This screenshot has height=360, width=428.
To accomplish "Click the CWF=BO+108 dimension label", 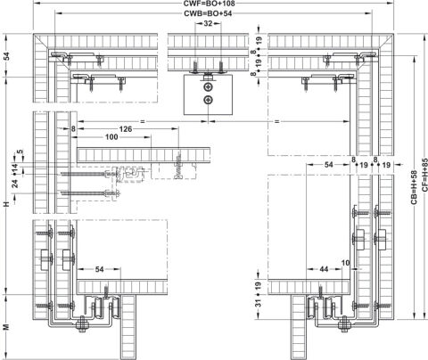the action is [x=209, y=4].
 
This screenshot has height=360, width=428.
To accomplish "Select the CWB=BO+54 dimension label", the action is [x=208, y=13].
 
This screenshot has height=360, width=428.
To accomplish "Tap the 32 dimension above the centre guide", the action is [x=208, y=23].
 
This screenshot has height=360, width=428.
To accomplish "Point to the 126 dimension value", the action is [x=126, y=129].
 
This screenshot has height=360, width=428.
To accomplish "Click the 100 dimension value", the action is [x=111, y=136].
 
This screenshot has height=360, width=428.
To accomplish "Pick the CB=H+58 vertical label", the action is [x=414, y=187].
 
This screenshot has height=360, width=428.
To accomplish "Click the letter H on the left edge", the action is [x=6, y=204].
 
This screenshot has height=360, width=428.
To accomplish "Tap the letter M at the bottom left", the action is [x=6, y=327].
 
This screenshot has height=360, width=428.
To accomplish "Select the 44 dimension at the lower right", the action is [x=324, y=269].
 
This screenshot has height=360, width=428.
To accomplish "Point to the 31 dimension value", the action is [x=259, y=303].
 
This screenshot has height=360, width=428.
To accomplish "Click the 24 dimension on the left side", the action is [x=15, y=184].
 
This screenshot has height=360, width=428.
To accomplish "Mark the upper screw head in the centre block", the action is [x=208, y=87].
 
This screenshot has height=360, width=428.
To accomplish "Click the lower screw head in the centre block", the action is [x=208, y=100].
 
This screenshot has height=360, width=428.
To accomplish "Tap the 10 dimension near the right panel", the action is [x=346, y=263].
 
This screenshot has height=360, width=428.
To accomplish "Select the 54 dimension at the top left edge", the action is [x=6, y=55].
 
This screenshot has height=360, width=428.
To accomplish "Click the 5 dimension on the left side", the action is [x=20, y=151].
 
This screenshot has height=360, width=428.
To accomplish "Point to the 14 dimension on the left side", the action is [x=15, y=168].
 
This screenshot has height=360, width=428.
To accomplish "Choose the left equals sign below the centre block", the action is [x=143, y=121].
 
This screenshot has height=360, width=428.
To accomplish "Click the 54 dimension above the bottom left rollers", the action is [x=99, y=269].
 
